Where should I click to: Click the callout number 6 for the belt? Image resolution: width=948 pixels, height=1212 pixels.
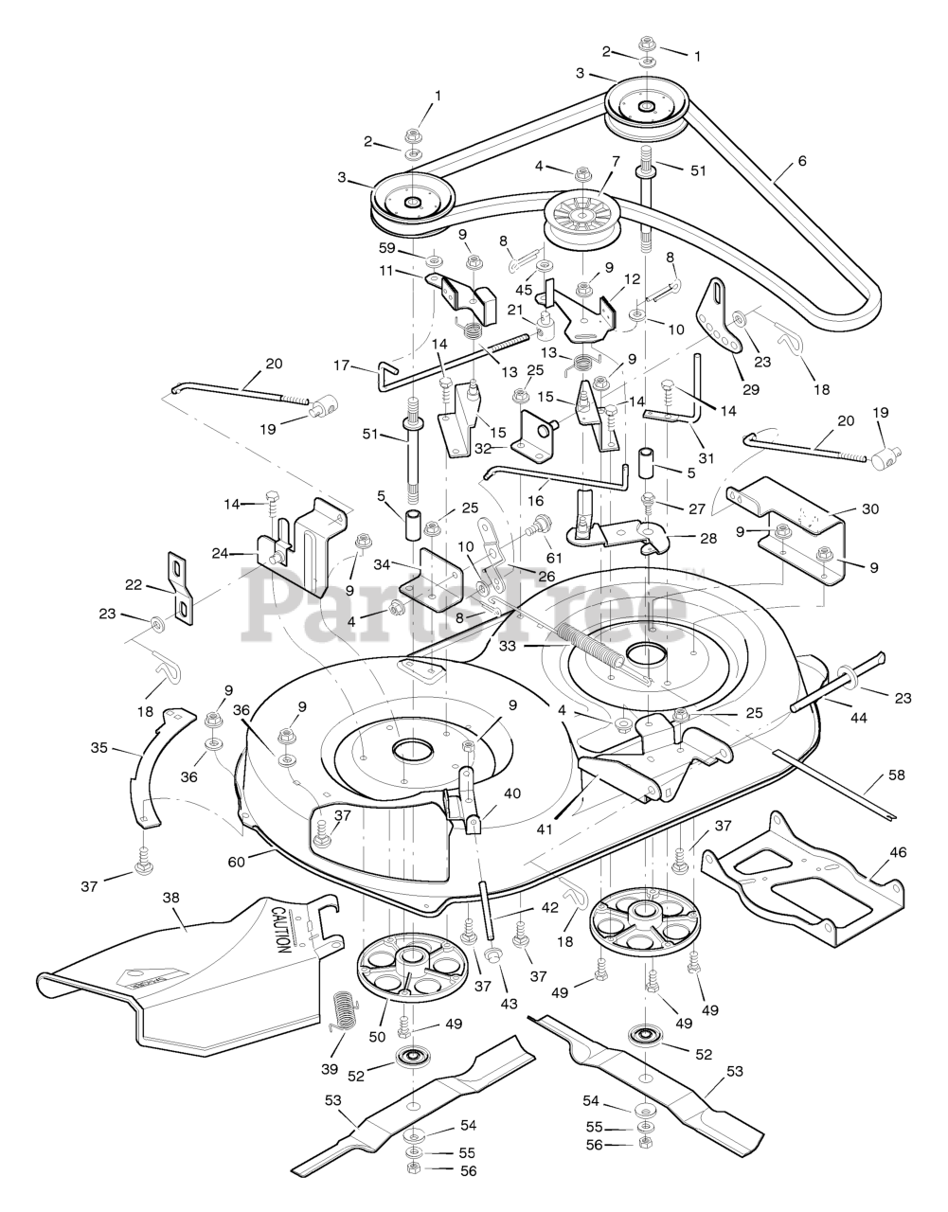[802, 161]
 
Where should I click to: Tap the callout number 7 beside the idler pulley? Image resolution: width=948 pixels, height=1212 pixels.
[616, 161]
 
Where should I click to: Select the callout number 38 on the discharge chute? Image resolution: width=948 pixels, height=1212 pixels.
[170, 898]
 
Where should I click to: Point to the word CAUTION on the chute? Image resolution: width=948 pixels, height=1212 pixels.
[281, 930]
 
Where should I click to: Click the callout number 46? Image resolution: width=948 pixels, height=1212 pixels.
[899, 851]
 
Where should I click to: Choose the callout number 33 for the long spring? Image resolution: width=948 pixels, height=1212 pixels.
[509, 647]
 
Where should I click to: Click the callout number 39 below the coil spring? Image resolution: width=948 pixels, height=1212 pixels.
[330, 1069]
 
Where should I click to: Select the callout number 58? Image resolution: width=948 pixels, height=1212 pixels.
[897, 775]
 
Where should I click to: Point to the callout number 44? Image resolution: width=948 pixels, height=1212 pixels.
[859, 718]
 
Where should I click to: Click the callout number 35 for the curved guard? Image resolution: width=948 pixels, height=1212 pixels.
[99, 747]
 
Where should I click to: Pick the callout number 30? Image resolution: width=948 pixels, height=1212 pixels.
[870, 508]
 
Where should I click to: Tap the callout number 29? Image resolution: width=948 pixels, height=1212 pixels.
[751, 389]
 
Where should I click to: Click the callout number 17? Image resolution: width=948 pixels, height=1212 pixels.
[341, 365]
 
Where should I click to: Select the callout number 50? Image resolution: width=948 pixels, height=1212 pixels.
[378, 1037]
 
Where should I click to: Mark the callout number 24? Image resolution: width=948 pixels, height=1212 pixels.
[221, 553]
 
